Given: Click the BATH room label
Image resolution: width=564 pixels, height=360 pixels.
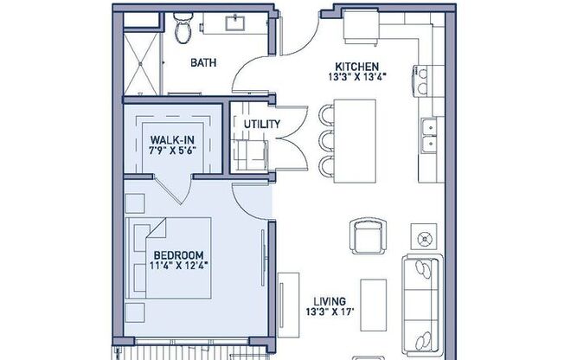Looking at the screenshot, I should [x=204, y=62].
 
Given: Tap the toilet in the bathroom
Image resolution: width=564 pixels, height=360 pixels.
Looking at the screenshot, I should [x=183, y=31].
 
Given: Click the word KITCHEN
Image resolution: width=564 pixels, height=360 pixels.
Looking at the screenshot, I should [x=358, y=66].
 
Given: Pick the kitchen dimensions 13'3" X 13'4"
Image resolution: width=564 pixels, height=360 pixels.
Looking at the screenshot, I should [x=358, y=77].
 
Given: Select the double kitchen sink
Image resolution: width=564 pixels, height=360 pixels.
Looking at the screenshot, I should [x=427, y=132].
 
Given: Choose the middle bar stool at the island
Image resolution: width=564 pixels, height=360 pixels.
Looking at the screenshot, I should [x=327, y=140].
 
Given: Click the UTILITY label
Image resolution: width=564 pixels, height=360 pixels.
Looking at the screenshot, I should [x=261, y=124].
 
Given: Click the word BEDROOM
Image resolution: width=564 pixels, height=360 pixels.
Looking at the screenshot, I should [x=179, y=254].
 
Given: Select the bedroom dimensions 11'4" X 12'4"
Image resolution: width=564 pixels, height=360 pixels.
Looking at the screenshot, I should [x=179, y=266].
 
